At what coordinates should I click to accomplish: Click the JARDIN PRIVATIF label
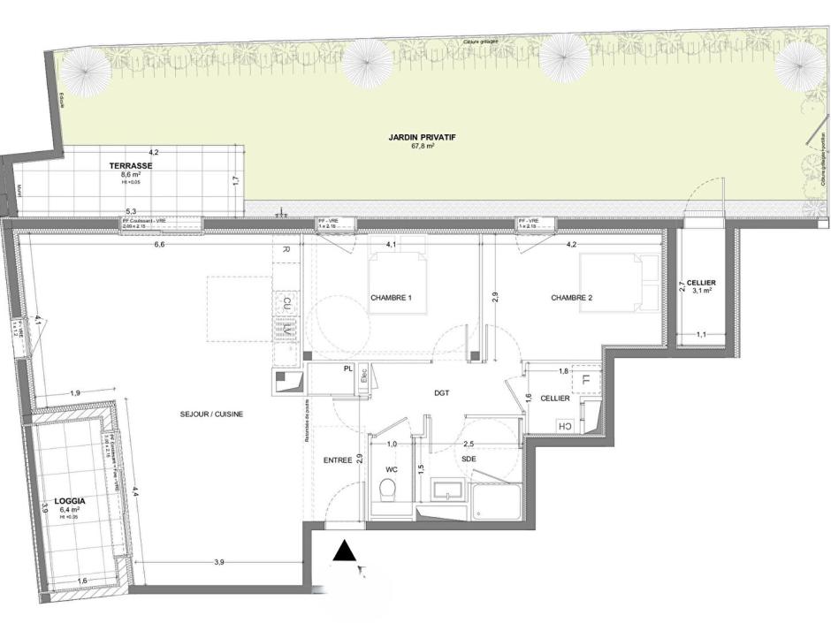coord(415,137)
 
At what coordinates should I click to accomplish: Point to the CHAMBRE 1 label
coord(392,298)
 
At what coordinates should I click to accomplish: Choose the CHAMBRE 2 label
coord(571,298)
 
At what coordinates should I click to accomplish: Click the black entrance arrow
coord(346,552)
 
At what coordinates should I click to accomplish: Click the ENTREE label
coord(337,460)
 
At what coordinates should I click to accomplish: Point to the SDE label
coord(468,460)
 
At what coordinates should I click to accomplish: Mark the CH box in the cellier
coord(563,426)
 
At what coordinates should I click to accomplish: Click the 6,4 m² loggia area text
coord(70,509)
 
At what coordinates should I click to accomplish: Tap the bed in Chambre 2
coord(619,283)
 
